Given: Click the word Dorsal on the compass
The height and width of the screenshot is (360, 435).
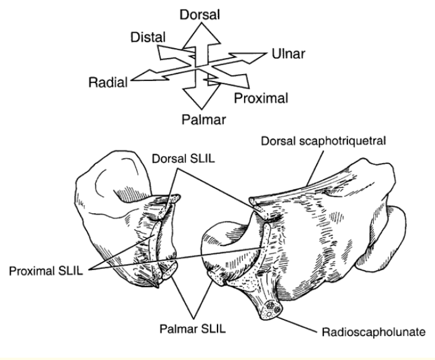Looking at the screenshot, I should [201, 15].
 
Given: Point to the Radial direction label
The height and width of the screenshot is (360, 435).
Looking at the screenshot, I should [108, 82].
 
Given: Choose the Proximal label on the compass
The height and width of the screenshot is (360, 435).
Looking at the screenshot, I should [260, 97].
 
